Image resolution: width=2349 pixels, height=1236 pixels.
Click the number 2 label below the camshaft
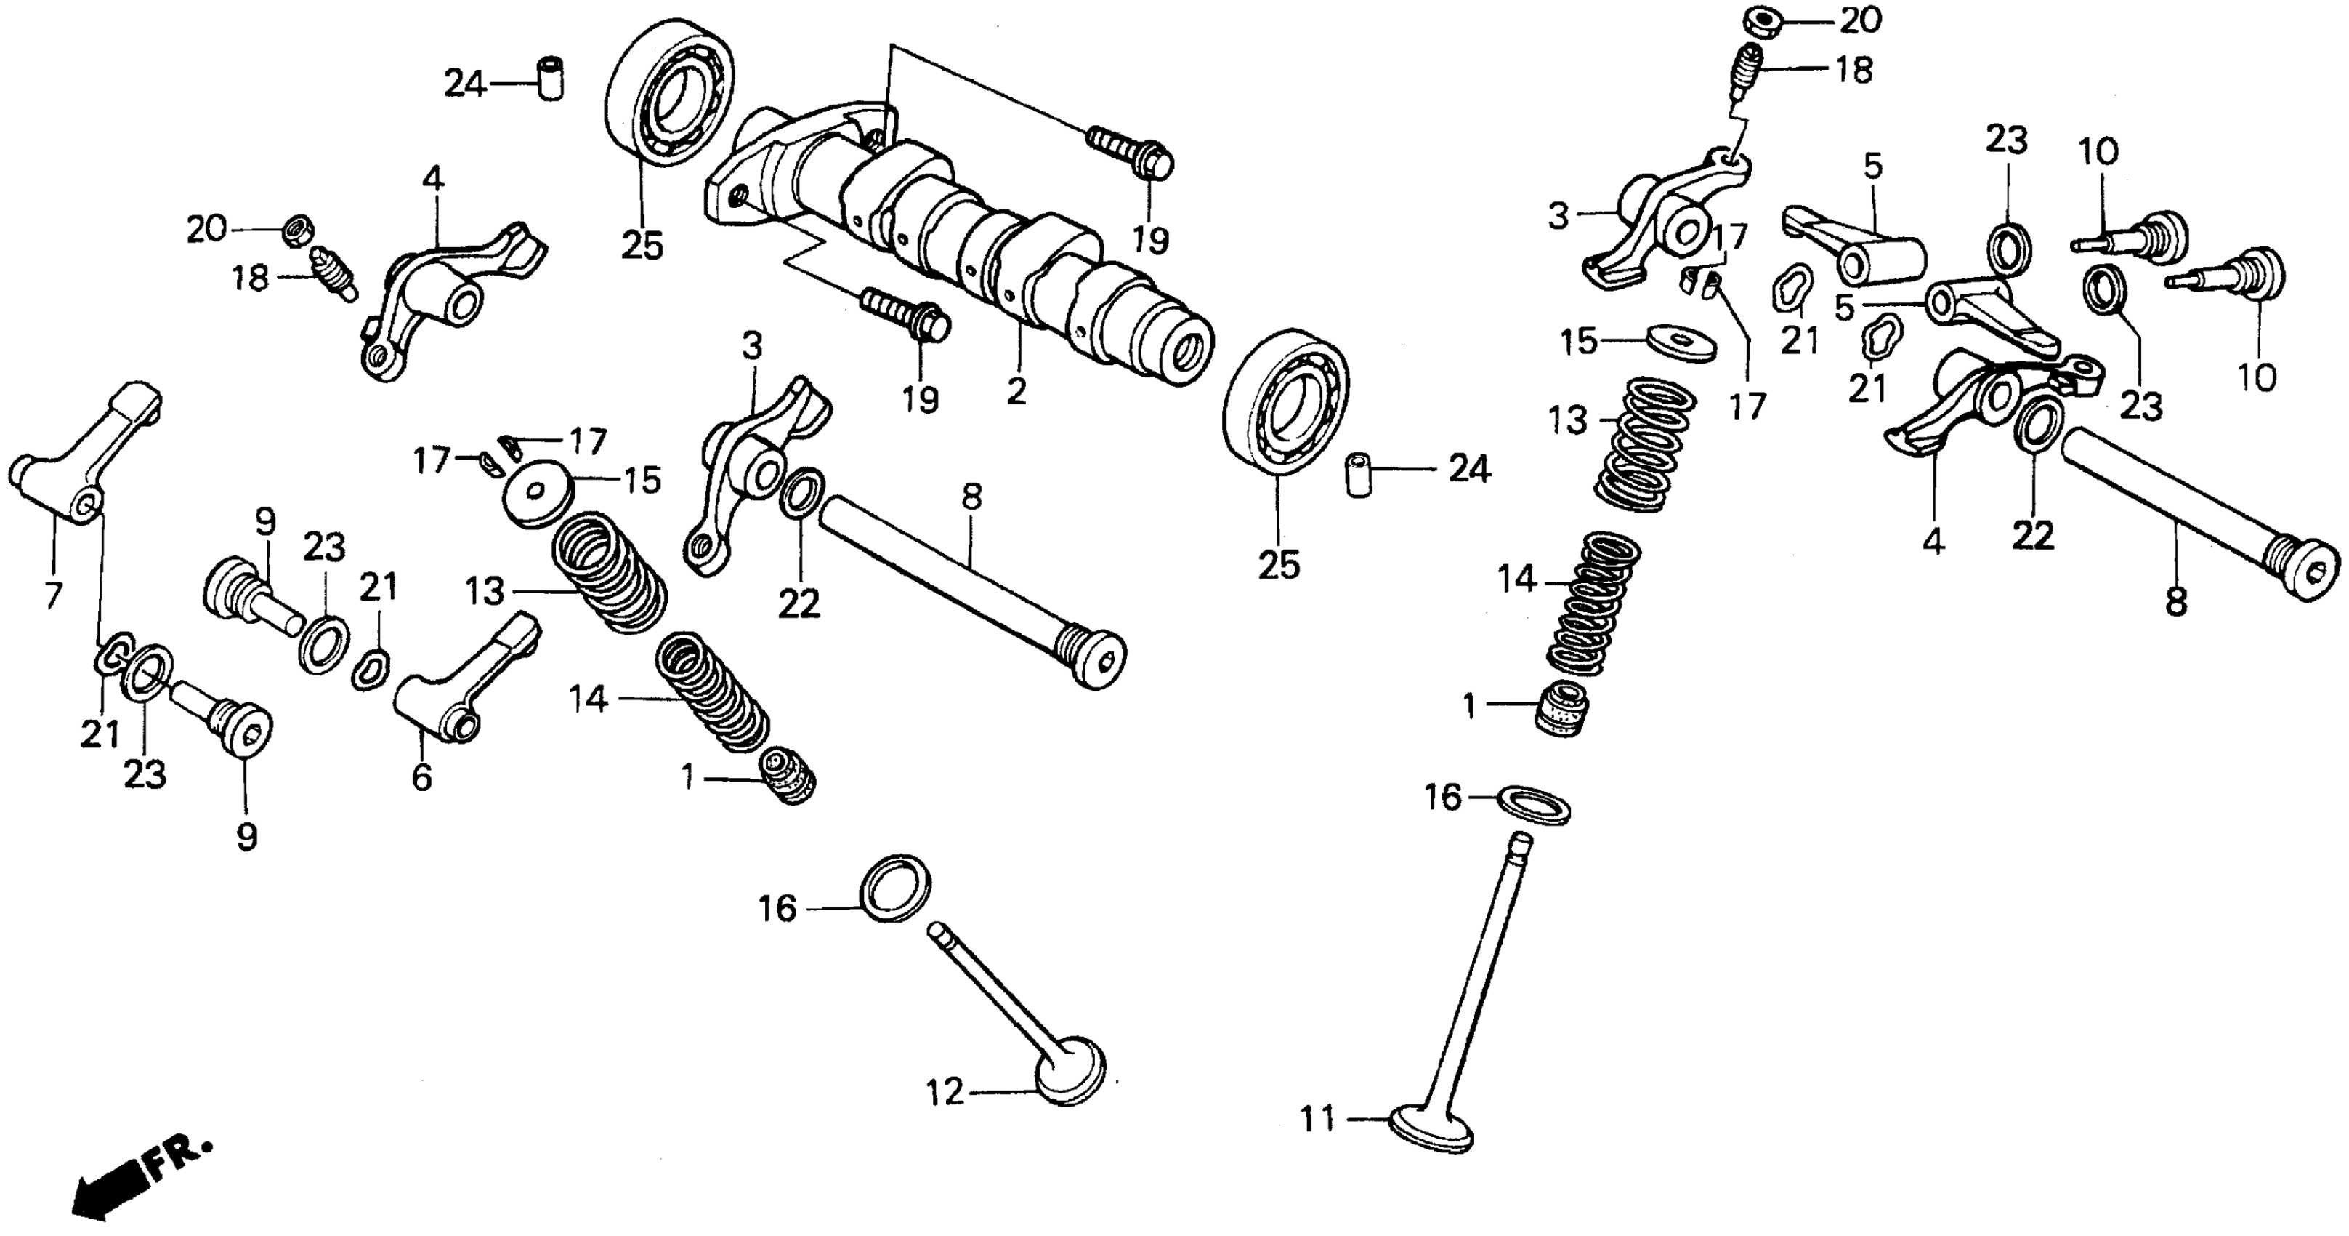1016,391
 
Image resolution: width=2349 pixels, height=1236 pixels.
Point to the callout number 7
53,595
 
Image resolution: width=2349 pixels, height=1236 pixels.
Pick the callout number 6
421,777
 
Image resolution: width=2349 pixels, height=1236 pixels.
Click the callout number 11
1317,1118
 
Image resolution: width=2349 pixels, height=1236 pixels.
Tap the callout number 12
945,1091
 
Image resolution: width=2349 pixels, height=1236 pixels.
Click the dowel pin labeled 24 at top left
549,79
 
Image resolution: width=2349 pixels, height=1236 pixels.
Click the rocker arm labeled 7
86,456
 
